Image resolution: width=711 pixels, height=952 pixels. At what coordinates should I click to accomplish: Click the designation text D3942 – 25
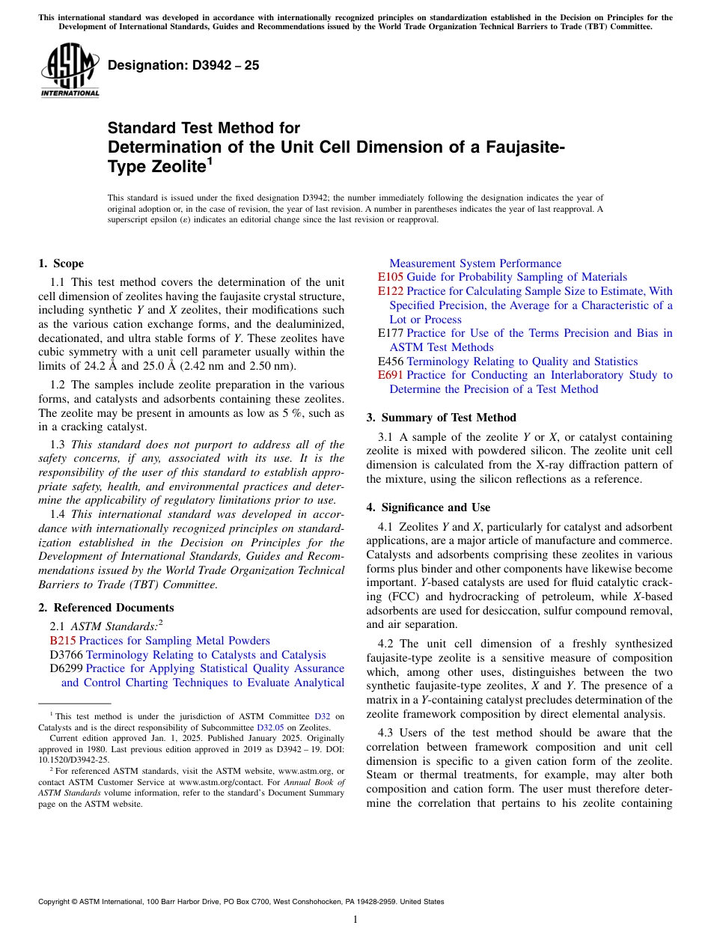[x=183, y=65]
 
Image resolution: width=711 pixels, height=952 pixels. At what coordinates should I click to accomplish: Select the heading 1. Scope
[x=61, y=263]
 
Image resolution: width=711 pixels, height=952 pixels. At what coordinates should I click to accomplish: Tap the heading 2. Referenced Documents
[x=106, y=608]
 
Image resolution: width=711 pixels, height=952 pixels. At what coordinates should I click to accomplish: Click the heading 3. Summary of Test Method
[x=441, y=418]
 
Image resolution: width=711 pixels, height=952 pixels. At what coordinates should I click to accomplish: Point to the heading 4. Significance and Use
[x=428, y=507]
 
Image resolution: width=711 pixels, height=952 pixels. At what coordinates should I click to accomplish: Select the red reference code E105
[x=391, y=277]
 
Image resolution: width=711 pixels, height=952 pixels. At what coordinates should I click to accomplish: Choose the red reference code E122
[x=391, y=291]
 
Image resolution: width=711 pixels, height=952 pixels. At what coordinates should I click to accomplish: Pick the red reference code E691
[x=391, y=375]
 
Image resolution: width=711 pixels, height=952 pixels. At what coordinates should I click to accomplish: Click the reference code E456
[x=391, y=361]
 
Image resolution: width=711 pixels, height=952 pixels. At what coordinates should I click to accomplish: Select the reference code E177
[x=391, y=333]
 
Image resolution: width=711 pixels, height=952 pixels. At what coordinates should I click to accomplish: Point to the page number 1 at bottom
[x=355, y=920]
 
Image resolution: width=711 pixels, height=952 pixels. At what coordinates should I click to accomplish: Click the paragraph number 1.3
[x=58, y=444]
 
